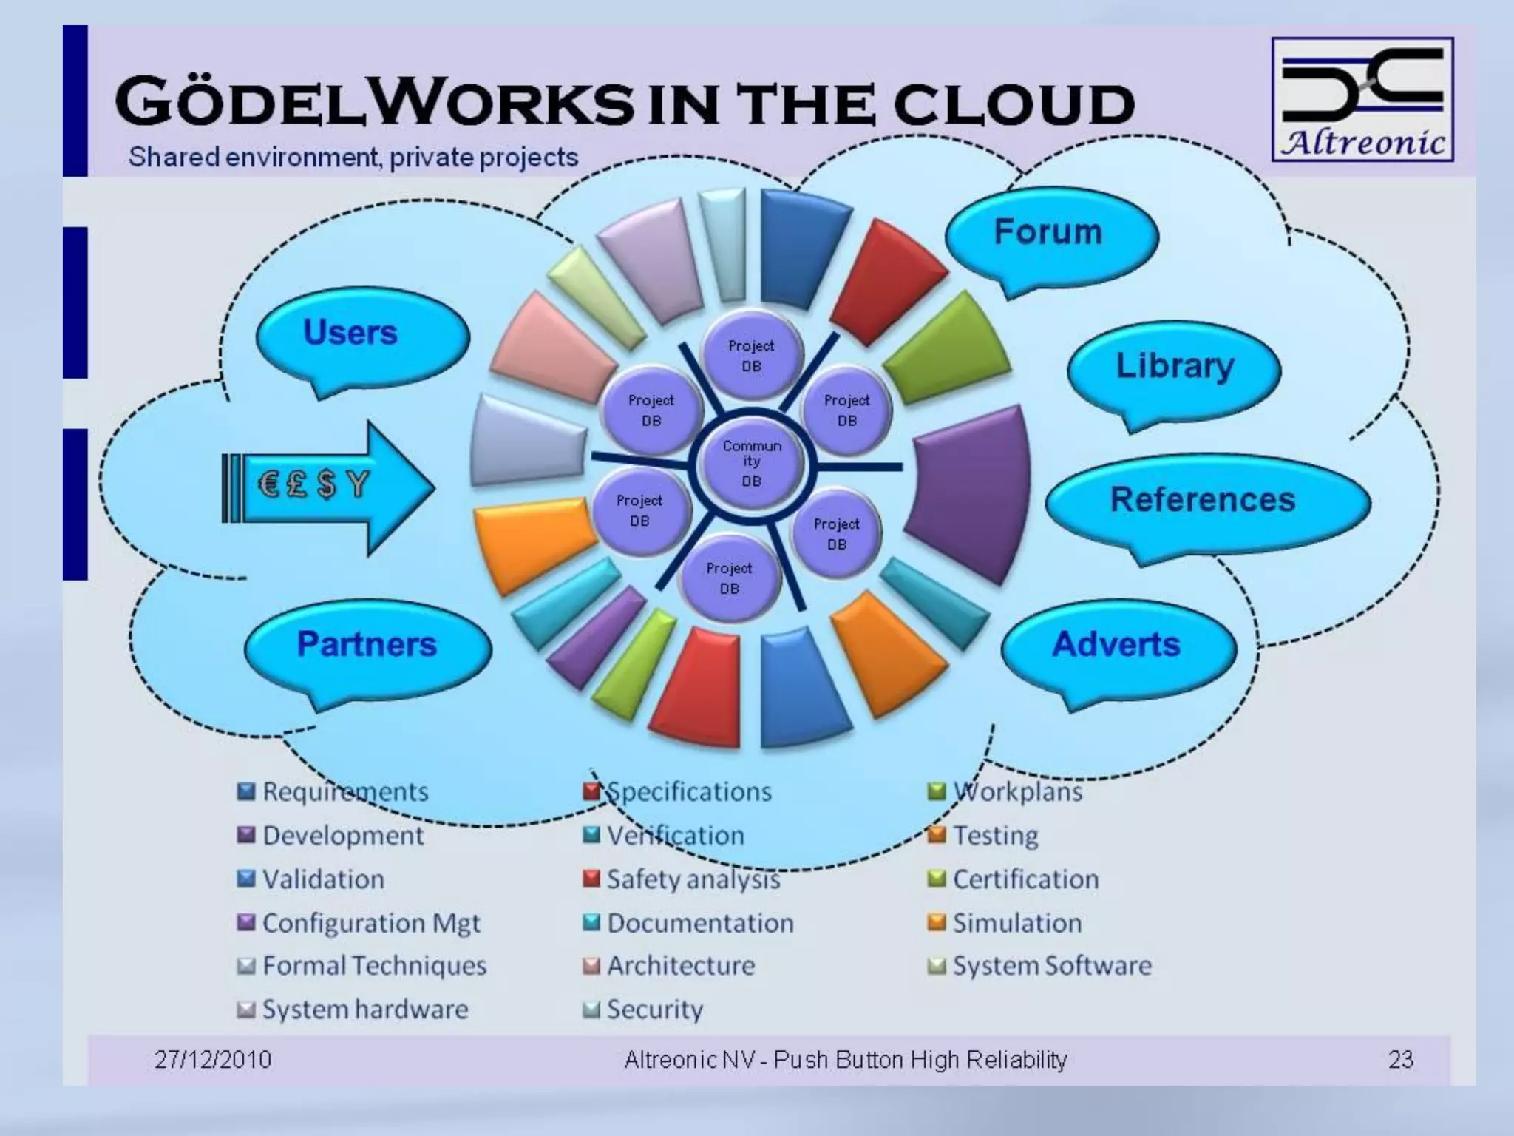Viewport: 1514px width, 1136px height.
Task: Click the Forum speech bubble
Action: [1050, 233]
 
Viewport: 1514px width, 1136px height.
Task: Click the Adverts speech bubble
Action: [1116, 645]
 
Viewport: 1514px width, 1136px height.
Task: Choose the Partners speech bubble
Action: [367, 645]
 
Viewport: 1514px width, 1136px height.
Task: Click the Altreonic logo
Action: [1362, 99]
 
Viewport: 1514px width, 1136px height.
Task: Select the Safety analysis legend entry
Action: [693, 879]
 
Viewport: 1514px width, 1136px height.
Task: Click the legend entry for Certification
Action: [1025, 879]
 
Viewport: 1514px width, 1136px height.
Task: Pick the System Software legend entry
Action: [1051, 966]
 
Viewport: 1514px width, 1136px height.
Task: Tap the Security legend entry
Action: [654, 1010]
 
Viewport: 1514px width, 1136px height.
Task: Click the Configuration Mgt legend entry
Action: [370, 923]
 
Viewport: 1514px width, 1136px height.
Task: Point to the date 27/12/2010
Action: [213, 1060]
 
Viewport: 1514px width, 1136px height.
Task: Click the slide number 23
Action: [1400, 1060]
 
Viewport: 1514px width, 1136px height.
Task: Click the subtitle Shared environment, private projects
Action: [353, 158]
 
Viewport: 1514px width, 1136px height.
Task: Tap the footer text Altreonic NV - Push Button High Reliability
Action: [845, 1060]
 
